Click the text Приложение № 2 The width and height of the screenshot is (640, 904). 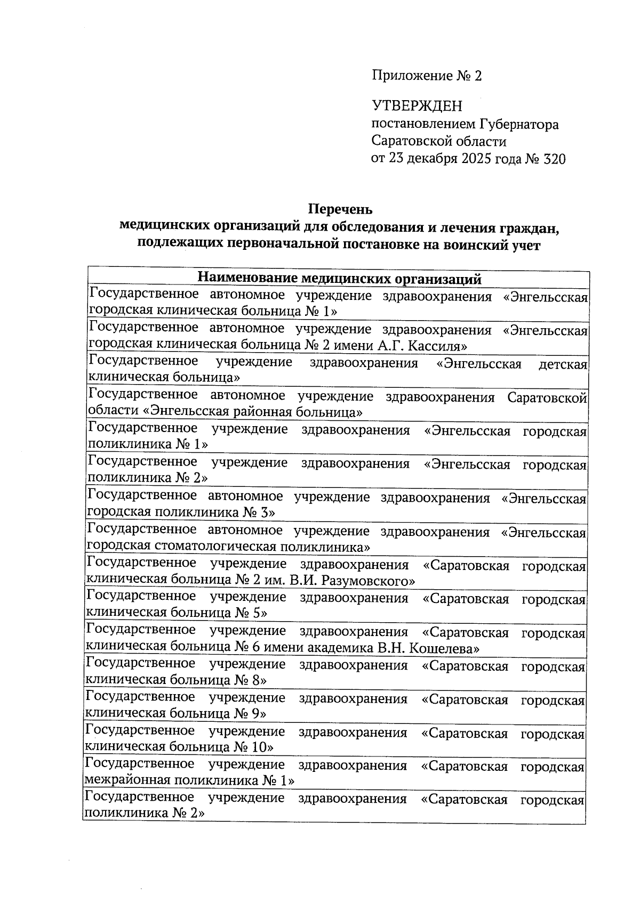point(426,76)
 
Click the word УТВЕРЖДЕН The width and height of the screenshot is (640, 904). point(417,107)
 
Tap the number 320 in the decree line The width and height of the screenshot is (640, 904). point(554,159)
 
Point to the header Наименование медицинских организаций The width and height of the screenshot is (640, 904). point(339,279)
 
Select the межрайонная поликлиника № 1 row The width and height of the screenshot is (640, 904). point(189,781)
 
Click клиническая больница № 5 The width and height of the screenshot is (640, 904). point(176,613)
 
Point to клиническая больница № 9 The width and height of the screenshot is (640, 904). point(176,713)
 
